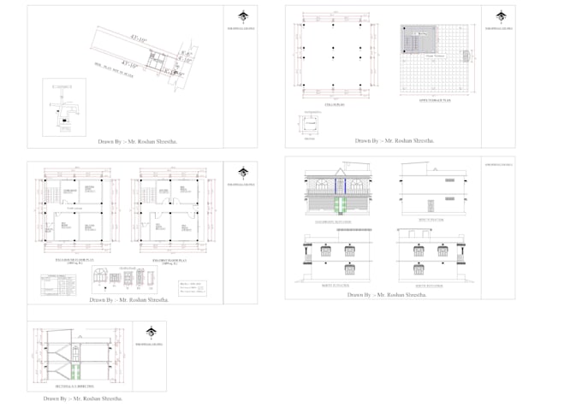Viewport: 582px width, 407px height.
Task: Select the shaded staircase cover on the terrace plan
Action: click(418, 40)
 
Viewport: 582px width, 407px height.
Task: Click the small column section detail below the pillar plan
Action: click(310, 124)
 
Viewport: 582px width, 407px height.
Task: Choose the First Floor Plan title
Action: click(169, 259)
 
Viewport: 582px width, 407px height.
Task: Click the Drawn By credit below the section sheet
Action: click(83, 398)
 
